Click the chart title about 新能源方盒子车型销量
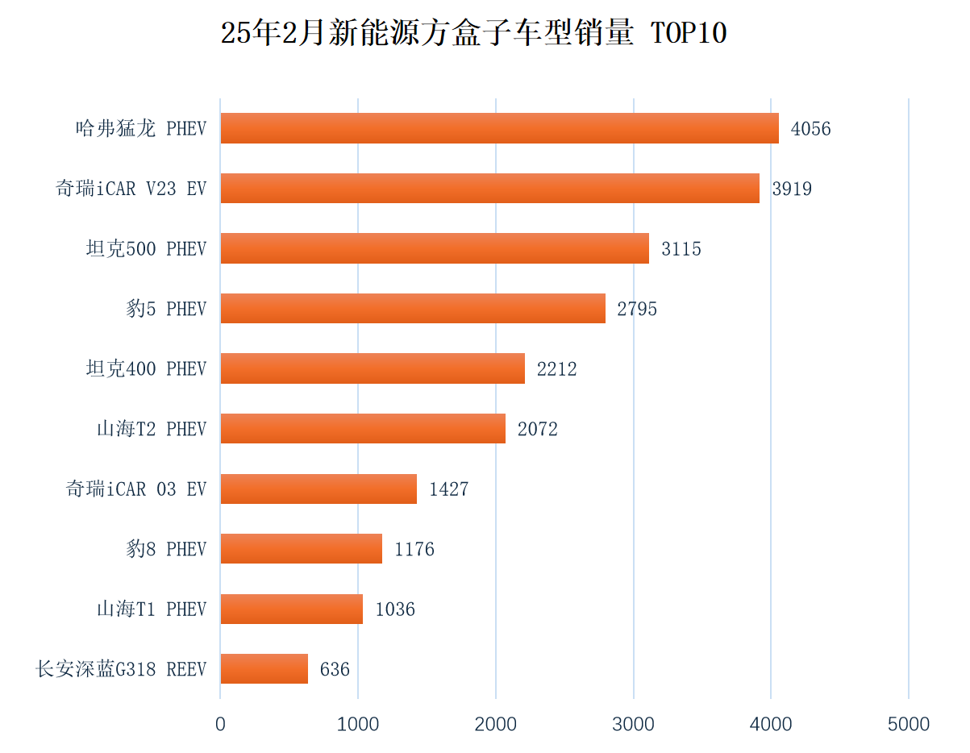click(473, 34)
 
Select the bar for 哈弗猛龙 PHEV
click(499, 128)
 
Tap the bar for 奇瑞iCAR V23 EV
click(489, 188)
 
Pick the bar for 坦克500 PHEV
click(435, 248)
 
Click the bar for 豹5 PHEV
click(413, 308)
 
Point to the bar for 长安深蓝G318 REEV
click(264, 668)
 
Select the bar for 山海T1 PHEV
click(292, 609)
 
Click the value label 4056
click(810, 129)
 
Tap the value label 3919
click(792, 189)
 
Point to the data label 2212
click(557, 369)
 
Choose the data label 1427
click(449, 489)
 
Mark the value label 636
click(335, 669)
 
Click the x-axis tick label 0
click(220, 724)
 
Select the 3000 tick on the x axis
click(633, 724)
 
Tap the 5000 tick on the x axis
click(909, 724)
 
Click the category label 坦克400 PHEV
click(146, 368)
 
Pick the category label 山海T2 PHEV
click(152, 429)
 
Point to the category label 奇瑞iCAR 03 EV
click(136, 489)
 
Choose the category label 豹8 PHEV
click(166, 549)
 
